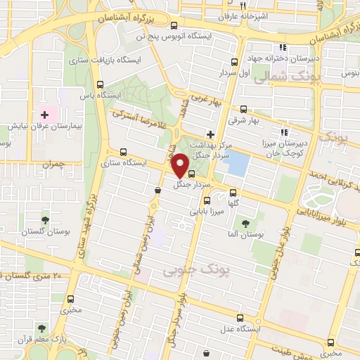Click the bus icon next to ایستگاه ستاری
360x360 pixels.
coord(124,151)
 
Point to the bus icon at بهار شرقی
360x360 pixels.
coord(243,109)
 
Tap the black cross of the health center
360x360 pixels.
coord(210,134)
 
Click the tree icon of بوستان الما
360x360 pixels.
coord(245,224)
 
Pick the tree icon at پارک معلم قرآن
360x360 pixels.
coord(42,328)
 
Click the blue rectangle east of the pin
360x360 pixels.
coord(239,164)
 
